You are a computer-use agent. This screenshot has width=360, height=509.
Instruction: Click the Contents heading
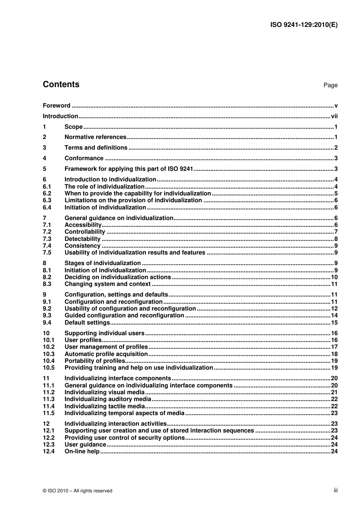61,84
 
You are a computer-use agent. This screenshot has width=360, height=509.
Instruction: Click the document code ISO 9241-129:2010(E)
304,25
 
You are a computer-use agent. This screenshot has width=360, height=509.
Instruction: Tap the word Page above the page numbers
330,85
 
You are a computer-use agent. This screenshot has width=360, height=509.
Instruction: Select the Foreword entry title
56,106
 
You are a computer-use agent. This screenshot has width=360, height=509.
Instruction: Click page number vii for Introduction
334,116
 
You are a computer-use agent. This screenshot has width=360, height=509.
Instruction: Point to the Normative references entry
95,137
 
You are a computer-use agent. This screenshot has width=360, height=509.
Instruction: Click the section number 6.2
47,194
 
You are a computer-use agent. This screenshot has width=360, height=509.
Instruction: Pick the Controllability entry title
85,232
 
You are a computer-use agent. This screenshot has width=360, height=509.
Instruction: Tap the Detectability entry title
82,239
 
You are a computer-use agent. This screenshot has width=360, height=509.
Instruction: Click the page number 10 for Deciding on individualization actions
334,277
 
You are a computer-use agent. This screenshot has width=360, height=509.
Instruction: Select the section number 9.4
47,323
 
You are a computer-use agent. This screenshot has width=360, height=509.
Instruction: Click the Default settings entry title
87,323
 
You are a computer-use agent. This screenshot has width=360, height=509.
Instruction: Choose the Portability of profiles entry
94,361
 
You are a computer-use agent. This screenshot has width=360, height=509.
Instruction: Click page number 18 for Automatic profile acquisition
334,354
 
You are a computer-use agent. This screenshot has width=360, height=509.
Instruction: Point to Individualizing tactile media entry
105,406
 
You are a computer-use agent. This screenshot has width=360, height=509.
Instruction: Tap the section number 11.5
49,413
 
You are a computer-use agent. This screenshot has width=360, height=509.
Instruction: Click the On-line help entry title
82,451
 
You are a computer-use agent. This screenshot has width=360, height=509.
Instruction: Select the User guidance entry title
85,445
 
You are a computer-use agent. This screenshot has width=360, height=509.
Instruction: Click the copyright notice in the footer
78,491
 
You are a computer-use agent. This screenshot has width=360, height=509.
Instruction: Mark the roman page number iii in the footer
335,490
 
